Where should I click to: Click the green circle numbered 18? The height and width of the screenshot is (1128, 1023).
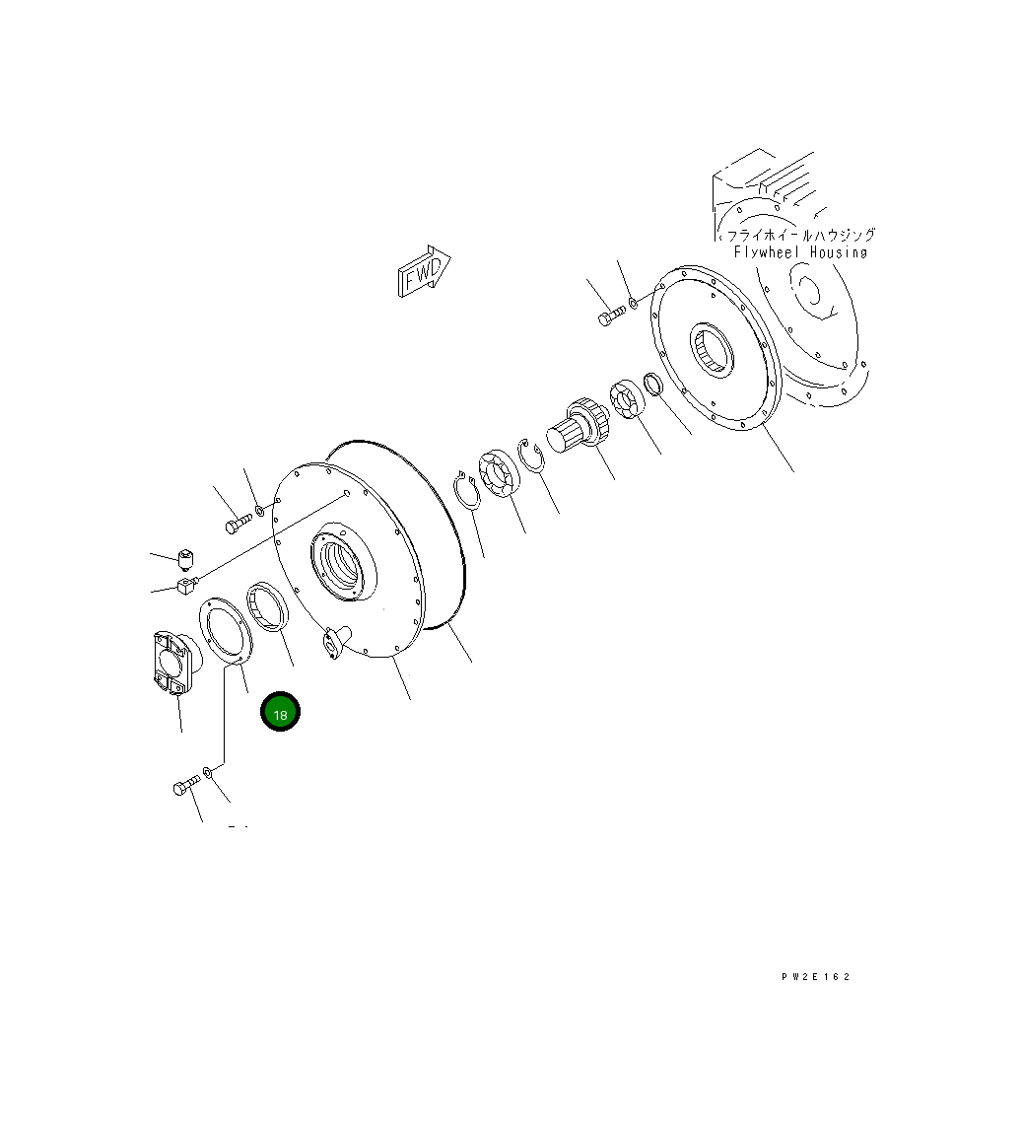tap(280, 712)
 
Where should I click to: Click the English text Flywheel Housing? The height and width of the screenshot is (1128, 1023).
tap(800, 252)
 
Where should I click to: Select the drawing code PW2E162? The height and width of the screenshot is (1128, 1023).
tap(815, 977)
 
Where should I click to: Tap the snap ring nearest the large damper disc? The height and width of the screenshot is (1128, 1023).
tap(466, 491)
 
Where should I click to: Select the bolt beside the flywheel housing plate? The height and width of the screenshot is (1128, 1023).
tap(610, 317)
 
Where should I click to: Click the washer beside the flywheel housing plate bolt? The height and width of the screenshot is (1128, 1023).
tap(633, 301)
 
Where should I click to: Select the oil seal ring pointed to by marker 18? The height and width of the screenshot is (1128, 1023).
tap(267, 605)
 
